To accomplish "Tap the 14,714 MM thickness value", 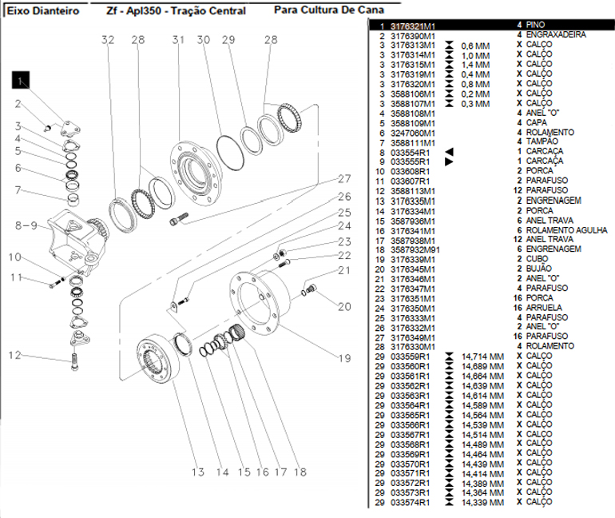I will (482, 357).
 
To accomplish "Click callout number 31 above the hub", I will (177, 40).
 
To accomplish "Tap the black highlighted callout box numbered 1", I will (20, 79).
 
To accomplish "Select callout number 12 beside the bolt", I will (15, 355).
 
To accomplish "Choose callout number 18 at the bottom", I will (300, 472).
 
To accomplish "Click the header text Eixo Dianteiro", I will (43, 11).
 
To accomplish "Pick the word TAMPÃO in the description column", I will (543, 142).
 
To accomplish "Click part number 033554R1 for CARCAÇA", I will (411, 152).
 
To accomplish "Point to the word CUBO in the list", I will (537, 259).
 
